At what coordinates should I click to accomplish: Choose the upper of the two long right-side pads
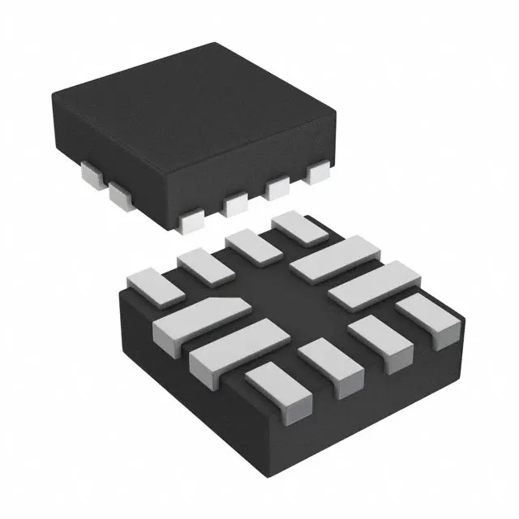336,258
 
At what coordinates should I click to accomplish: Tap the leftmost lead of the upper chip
97,172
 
